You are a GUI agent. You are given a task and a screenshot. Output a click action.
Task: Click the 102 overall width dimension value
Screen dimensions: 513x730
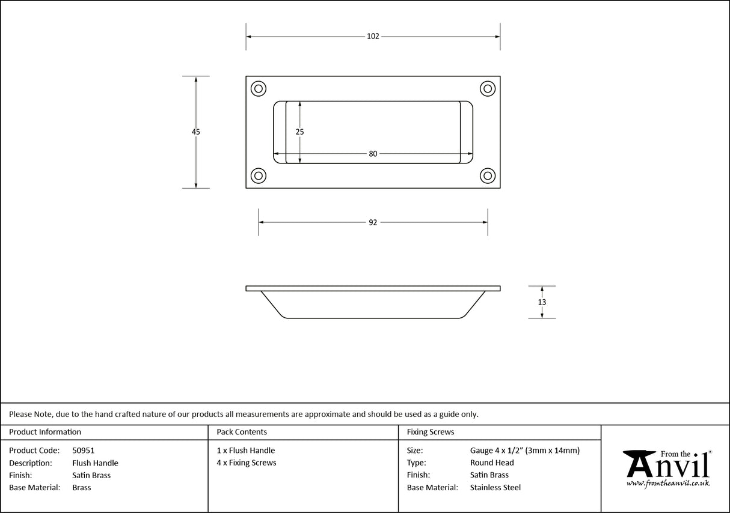click(x=373, y=36)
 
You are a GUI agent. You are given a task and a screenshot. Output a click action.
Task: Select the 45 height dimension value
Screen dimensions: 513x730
click(x=196, y=132)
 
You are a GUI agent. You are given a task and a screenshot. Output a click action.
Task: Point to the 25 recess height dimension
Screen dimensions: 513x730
click(x=299, y=131)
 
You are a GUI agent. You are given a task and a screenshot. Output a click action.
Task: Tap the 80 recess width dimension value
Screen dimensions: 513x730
click(x=373, y=154)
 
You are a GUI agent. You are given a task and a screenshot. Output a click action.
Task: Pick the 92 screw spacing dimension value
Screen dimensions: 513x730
click(x=373, y=222)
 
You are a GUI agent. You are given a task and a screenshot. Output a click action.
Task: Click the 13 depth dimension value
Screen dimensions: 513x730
click(x=542, y=302)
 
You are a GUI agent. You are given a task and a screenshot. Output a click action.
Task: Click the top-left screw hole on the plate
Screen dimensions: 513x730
click(x=259, y=89)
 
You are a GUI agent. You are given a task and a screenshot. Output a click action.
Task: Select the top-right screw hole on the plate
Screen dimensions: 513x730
click(x=487, y=89)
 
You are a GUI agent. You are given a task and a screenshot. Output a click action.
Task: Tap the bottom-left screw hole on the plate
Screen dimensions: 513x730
click(x=259, y=175)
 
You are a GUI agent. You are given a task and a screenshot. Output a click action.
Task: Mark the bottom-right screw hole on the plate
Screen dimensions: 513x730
click(x=487, y=175)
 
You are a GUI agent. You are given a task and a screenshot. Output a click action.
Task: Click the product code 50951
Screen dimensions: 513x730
click(x=83, y=451)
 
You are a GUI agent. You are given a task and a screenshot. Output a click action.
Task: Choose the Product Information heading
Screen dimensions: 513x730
click(x=45, y=432)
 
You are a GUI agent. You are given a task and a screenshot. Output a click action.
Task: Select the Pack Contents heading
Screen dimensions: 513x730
click(x=242, y=432)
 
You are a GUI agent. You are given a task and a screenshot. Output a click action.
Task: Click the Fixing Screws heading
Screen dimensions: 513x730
click(x=431, y=432)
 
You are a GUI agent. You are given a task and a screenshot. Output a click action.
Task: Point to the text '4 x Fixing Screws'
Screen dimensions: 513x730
click(x=247, y=463)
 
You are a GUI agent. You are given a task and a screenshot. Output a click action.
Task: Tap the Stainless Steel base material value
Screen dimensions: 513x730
click(x=495, y=488)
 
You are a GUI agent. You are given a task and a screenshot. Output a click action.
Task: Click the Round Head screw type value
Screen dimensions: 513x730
click(x=492, y=463)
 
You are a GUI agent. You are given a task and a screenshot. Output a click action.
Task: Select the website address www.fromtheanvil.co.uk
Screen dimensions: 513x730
click(x=667, y=483)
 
